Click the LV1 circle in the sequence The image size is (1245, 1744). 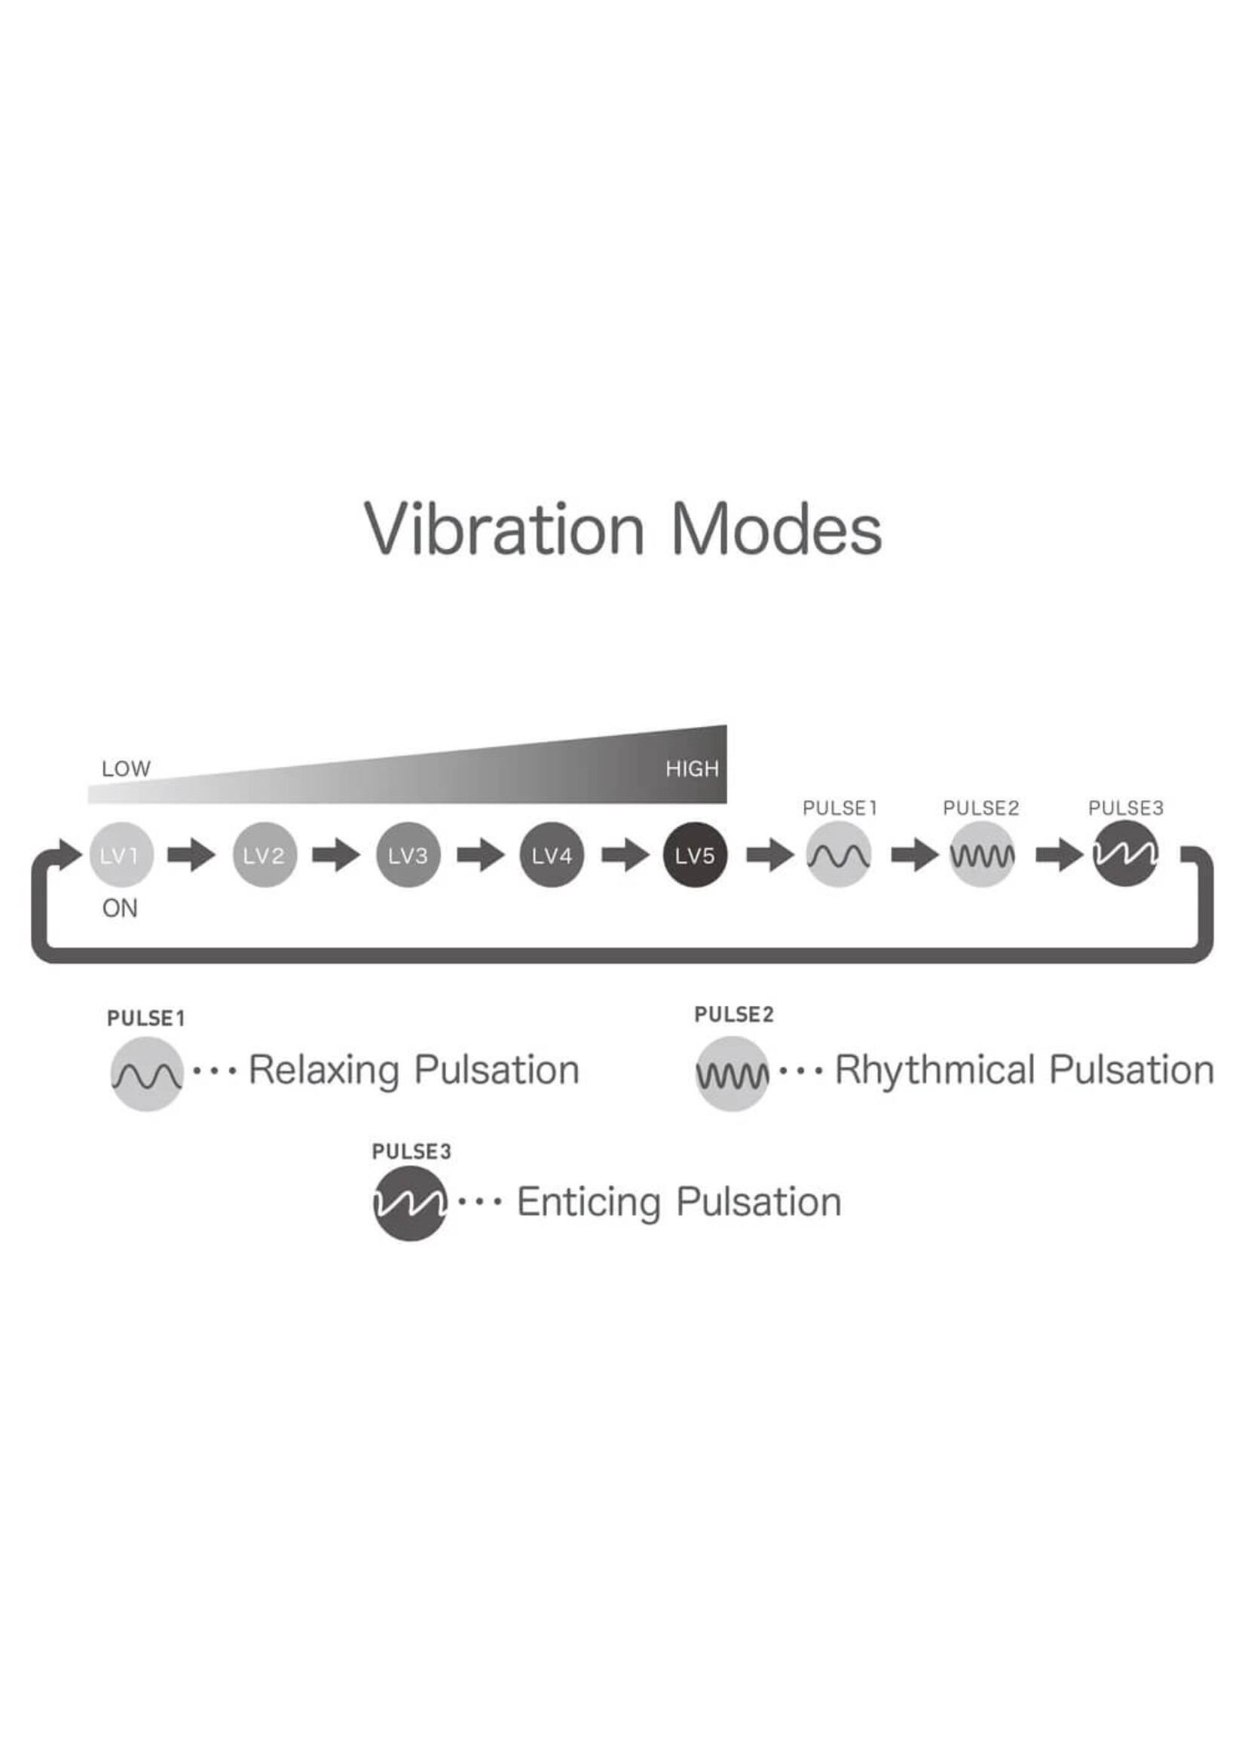[121, 854]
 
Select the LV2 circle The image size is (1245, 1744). [265, 854]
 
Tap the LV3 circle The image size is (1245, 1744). [408, 854]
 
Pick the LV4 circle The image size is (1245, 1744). [552, 854]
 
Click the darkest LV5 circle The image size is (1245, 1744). [696, 854]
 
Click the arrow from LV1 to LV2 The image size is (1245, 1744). [191, 854]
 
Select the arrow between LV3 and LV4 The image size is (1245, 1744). [481, 854]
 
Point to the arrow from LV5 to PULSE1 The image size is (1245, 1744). [769, 854]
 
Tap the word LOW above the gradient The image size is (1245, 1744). [126, 768]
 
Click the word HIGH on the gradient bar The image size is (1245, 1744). [693, 768]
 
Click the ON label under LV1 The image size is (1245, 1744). [120, 909]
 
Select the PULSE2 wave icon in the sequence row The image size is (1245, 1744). [982, 854]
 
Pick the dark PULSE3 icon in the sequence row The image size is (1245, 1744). [1125, 854]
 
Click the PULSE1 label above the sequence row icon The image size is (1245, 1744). [840, 808]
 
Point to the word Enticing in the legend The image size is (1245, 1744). [588, 1202]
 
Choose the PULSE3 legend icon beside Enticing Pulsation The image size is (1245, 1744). [409, 1203]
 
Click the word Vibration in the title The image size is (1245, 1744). [504, 529]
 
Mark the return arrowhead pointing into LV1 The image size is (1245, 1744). [69, 854]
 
